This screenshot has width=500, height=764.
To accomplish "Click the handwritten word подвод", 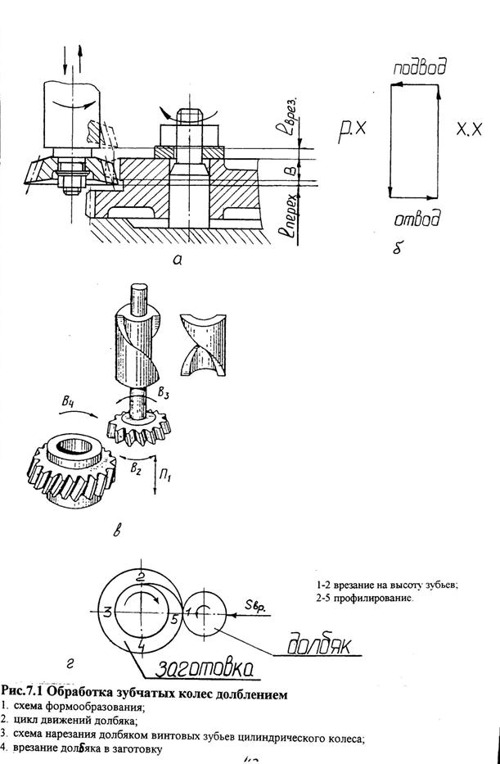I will pyautogui.click(x=419, y=69).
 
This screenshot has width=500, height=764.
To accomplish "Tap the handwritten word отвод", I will pyautogui.click(x=417, y=219).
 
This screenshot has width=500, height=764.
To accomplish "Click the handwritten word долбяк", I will pyautogui.click(x=321, y=647).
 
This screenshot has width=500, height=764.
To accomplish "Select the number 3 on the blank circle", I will pyautogui.click(x=106, y=611).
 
